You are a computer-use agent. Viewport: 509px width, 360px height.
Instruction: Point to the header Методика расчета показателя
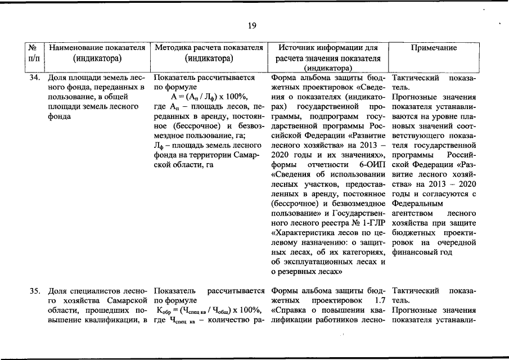point(209,48)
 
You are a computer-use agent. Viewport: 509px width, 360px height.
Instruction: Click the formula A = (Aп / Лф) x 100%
point(209,97)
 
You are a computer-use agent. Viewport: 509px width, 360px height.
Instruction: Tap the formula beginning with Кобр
point(209,310)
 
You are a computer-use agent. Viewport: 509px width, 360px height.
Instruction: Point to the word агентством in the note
point(412,213)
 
